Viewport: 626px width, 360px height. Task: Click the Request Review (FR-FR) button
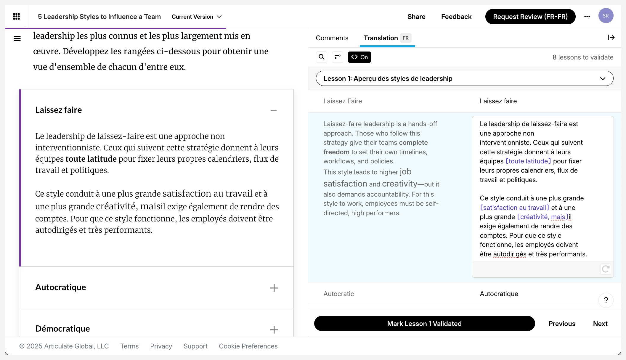pyautogui.click(x=530, y=17)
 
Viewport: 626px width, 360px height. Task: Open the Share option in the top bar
pyautogui.click(x=416, y=17)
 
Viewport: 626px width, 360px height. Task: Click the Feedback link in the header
pyautogui.click(x=456, y=17)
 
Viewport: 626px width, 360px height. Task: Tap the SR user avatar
pyautogui.click(x=606, y=16)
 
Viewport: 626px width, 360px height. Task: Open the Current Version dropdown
pyautogui.click(x=197, y=17)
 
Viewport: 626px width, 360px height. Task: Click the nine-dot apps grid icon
pyautogui.click(x=17, y=17)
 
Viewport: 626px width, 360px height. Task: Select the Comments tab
pyautogui.click(x=332, y=38)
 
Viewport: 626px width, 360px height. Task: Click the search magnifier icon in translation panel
pyautogui.click(x=322, y=57)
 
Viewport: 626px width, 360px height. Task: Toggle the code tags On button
pyautogui.click(x=359, y=57)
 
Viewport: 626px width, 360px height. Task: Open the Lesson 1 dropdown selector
pyautogui.click(x=464, y=78)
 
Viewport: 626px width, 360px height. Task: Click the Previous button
pyautogui.click(x=562, y=324)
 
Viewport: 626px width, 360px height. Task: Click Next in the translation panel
pyautogui.click(x=600, y=324)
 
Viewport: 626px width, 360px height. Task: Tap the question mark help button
pyautogui.click(x=606, y=300)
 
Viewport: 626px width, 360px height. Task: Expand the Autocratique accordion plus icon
pyautogui.click(x=274, y=288)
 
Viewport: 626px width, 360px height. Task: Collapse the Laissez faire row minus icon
pyautogui.click(x=274, y=110)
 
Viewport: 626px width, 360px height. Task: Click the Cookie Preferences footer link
pyautogui.click(x=248, y=346)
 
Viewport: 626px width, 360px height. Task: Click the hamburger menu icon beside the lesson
pyautogui.click(x=17, y=38)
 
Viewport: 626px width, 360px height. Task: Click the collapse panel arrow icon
pyautogui.click(x=611, y=38)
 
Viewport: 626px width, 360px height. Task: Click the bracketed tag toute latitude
pyautogui.click(x=528, y=161)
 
